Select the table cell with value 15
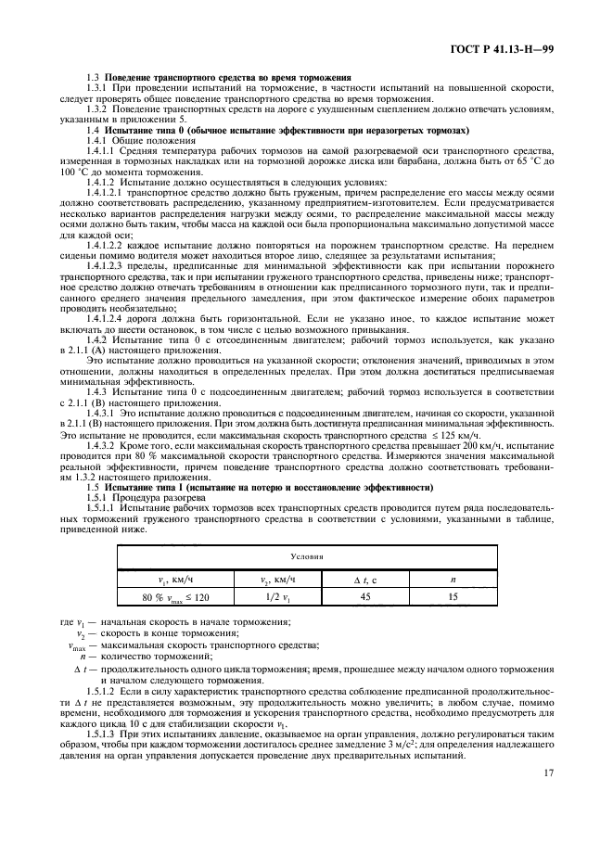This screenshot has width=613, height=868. pos(453,597)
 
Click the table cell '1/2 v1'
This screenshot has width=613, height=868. pos(276,597)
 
